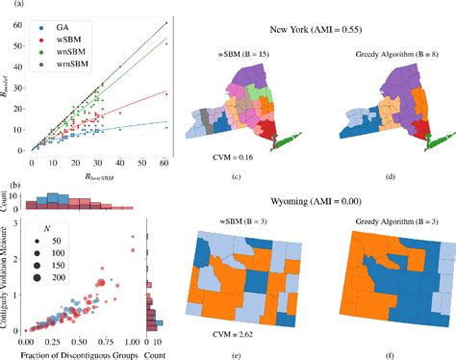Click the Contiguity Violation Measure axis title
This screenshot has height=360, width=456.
pyautogui.click(x=6, y=275)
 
